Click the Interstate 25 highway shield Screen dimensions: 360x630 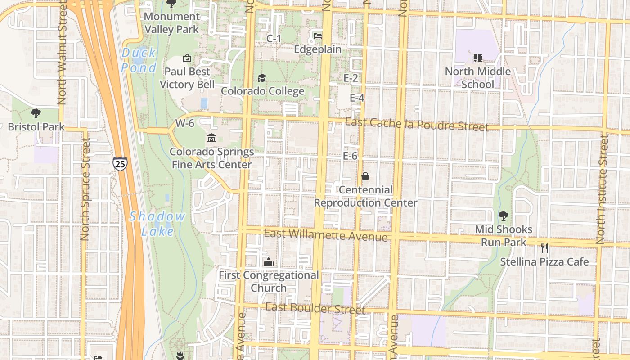coord(120,164)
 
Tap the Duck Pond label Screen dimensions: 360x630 coord(139,60)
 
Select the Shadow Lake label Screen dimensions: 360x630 coord(157,224)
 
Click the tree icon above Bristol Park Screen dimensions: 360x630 coord(36,113)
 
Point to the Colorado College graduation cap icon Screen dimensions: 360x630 coord(262,78)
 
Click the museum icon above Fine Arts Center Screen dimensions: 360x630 coord(211,138)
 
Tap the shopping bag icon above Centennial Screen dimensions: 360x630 coord(365,176)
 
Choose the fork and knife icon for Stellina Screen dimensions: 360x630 coord(544,248)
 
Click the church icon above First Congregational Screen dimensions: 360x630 coord(269,261)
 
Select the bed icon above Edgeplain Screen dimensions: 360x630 coord(318,36)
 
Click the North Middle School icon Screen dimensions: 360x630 coord(478,58)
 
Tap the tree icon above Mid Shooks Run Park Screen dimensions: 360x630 coord(504,216)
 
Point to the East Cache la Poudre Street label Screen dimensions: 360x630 coord(417,124)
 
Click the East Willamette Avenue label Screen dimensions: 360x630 coord(326,234)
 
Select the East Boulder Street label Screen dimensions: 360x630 coord(315,308)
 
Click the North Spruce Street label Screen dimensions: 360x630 coord(85,189)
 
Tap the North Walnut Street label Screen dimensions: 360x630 coord(62,53)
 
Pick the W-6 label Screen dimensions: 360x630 coord(185,123)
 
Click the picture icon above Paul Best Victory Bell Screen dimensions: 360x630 coord(187,58)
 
